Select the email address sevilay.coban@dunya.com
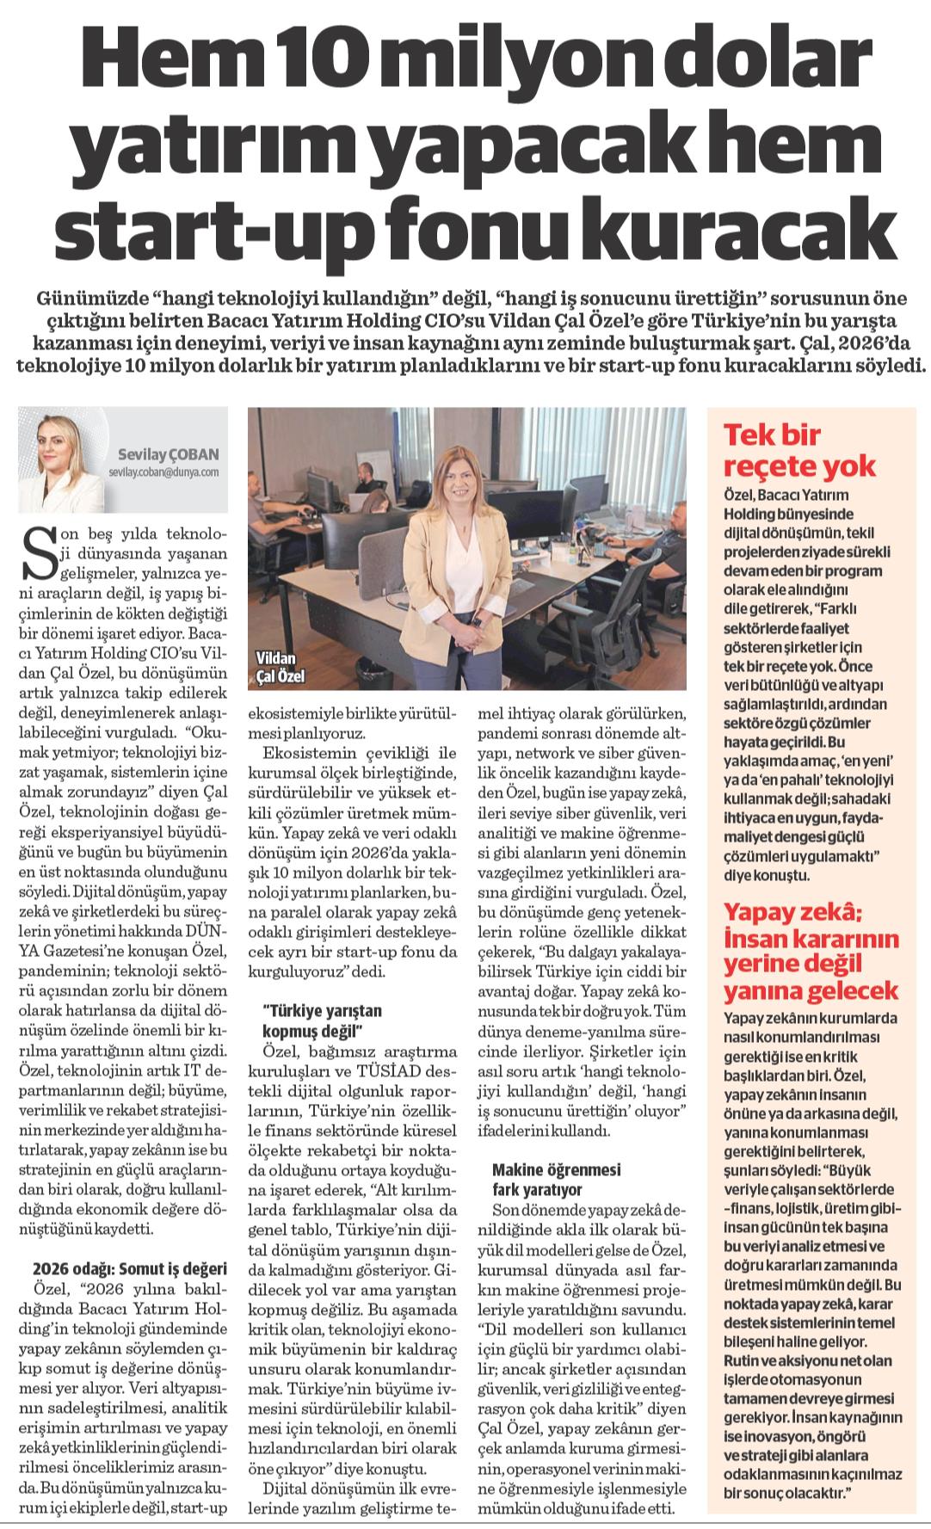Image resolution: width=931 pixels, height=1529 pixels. [x=163, y=472]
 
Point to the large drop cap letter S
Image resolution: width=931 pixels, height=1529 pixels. [x=37, y=560]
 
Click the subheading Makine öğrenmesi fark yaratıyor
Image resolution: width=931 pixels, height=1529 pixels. [x=556, y=1179]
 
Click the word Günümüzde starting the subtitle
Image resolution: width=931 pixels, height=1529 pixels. [x=92, y=300]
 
